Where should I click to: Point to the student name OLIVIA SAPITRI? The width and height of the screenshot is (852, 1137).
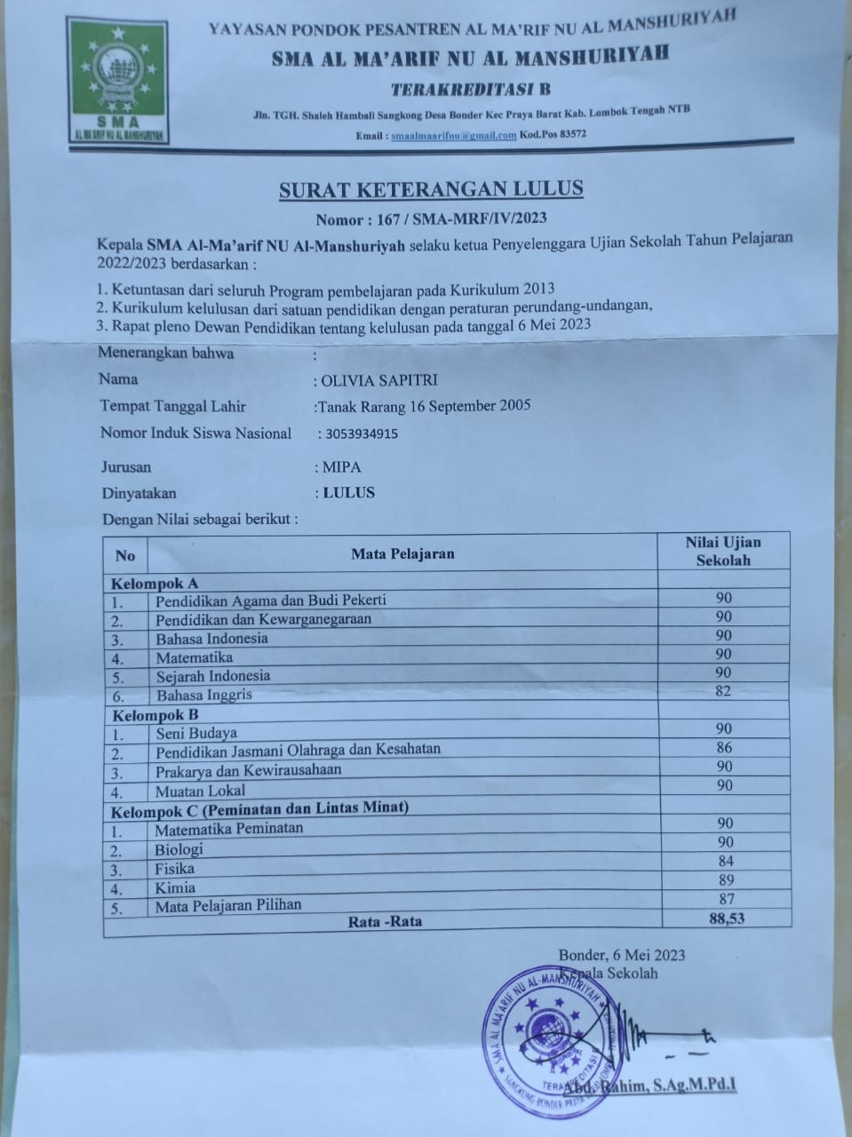coord(378,380)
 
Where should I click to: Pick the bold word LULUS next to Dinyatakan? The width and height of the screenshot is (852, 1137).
coord(348,493)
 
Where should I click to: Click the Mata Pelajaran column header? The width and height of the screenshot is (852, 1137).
coord(402,554)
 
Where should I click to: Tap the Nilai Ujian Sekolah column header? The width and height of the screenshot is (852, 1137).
coord(723,552)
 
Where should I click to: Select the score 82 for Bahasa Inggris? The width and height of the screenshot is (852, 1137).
coord(723,691)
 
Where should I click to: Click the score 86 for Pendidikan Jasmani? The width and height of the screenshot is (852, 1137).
coord(723,748)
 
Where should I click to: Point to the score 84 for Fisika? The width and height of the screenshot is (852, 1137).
coord(725,861)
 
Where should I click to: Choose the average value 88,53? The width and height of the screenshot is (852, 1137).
coord(727,918)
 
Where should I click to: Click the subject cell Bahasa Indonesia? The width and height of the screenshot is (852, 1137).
coord(211,639)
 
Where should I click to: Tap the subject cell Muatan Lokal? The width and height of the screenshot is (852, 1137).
coord(201,791)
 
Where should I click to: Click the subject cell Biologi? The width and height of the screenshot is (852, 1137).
coord(179,848)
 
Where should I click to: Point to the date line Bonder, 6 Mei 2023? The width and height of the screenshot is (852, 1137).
coord(622,956)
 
